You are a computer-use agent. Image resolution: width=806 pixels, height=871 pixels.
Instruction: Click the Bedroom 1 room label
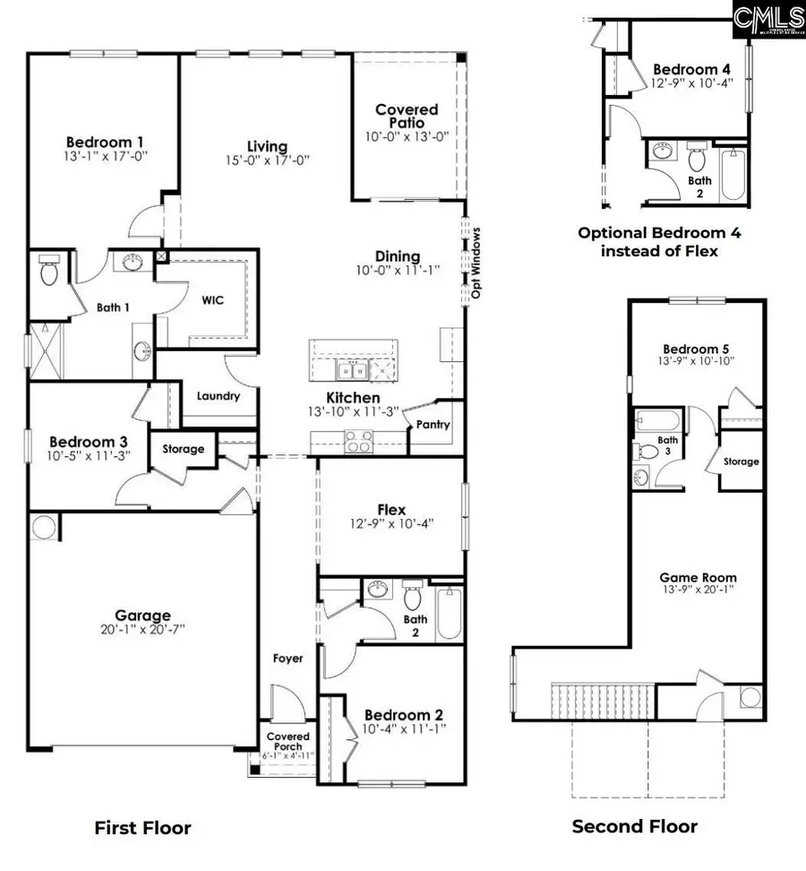(x=105, y=142)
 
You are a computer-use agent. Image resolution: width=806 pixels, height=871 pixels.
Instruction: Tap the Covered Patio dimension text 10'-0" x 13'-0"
(x=407, y=136)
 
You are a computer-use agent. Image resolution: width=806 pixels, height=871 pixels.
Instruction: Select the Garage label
(x=142, y=616)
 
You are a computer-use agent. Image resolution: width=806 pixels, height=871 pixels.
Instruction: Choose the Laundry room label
(x=217, y=395)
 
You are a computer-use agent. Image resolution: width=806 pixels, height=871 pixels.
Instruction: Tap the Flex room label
(x=391, y=510)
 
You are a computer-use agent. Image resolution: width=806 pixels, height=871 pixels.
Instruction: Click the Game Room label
(x=699, y=578)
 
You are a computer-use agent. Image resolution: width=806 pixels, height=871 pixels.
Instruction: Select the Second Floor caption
(x=634, y=826)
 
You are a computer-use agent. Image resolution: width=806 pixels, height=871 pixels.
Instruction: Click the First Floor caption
(x=142, y=828)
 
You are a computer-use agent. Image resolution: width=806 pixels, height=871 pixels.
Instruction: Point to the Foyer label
(x=288, y=659)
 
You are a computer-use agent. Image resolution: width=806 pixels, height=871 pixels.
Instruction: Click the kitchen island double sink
(x=351, y=370)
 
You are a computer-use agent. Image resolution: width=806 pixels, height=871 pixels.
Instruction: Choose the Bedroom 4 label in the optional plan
(x=685, y=69)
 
